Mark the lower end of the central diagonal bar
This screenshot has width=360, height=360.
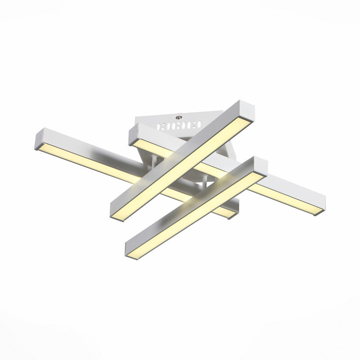tap(116, 211)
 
